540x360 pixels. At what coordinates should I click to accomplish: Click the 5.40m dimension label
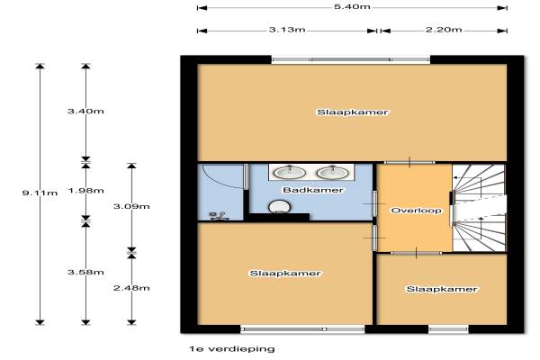352,6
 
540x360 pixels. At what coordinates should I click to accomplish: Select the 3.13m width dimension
287,30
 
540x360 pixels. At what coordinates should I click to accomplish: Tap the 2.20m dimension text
444,30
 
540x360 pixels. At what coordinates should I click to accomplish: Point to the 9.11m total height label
40,193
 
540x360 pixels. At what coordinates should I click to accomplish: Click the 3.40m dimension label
85,112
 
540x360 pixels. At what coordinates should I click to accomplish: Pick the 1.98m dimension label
85,191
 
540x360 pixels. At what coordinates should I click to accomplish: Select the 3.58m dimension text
85,272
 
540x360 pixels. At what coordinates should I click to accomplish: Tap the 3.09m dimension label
131,207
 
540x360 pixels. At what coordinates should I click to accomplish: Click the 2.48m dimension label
131,288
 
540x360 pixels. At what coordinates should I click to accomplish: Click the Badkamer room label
313,190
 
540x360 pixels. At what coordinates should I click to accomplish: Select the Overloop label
417,210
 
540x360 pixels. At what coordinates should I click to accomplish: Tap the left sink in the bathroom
290,172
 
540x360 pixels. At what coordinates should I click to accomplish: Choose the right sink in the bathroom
333,172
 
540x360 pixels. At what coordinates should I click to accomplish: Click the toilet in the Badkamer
279,207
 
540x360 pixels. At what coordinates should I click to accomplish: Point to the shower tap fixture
219,216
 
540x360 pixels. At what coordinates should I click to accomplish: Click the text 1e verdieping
232,349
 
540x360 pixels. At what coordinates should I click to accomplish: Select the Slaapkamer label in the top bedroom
352,112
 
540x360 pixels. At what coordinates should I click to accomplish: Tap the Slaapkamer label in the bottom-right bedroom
442,289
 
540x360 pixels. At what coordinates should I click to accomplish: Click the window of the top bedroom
351,59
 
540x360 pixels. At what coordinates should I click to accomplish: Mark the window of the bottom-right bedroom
448,329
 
